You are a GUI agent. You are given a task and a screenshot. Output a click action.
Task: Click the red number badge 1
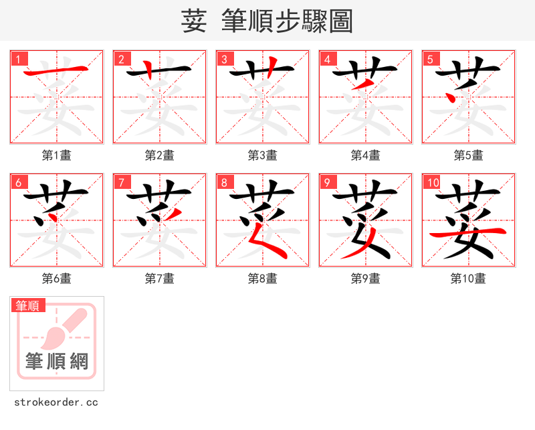coord(18,59)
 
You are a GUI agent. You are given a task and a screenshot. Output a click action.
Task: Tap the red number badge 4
coord(327,59)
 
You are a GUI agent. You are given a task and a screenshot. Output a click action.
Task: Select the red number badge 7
coord(121,182)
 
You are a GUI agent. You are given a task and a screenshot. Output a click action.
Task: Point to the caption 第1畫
coord(57,155)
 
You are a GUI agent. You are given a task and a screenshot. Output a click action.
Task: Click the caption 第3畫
coord(263,155)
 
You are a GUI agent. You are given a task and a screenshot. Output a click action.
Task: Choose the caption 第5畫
coord(469,155)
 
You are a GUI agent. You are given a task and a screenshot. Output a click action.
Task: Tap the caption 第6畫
coord(57,279)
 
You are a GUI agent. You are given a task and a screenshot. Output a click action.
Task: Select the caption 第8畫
coord(263,279)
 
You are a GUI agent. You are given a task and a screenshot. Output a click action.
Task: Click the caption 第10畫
coord(469,279)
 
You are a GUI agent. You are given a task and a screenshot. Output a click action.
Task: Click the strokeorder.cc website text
coord(56,403)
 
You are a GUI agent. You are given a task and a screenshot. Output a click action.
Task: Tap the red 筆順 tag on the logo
coord(28,305)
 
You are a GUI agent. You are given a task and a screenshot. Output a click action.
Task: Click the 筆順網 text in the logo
coord(57,362)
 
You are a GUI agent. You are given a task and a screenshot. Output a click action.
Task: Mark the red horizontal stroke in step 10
coord(467,232)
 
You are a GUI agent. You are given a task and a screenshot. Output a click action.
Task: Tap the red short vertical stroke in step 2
coord(150,69)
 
